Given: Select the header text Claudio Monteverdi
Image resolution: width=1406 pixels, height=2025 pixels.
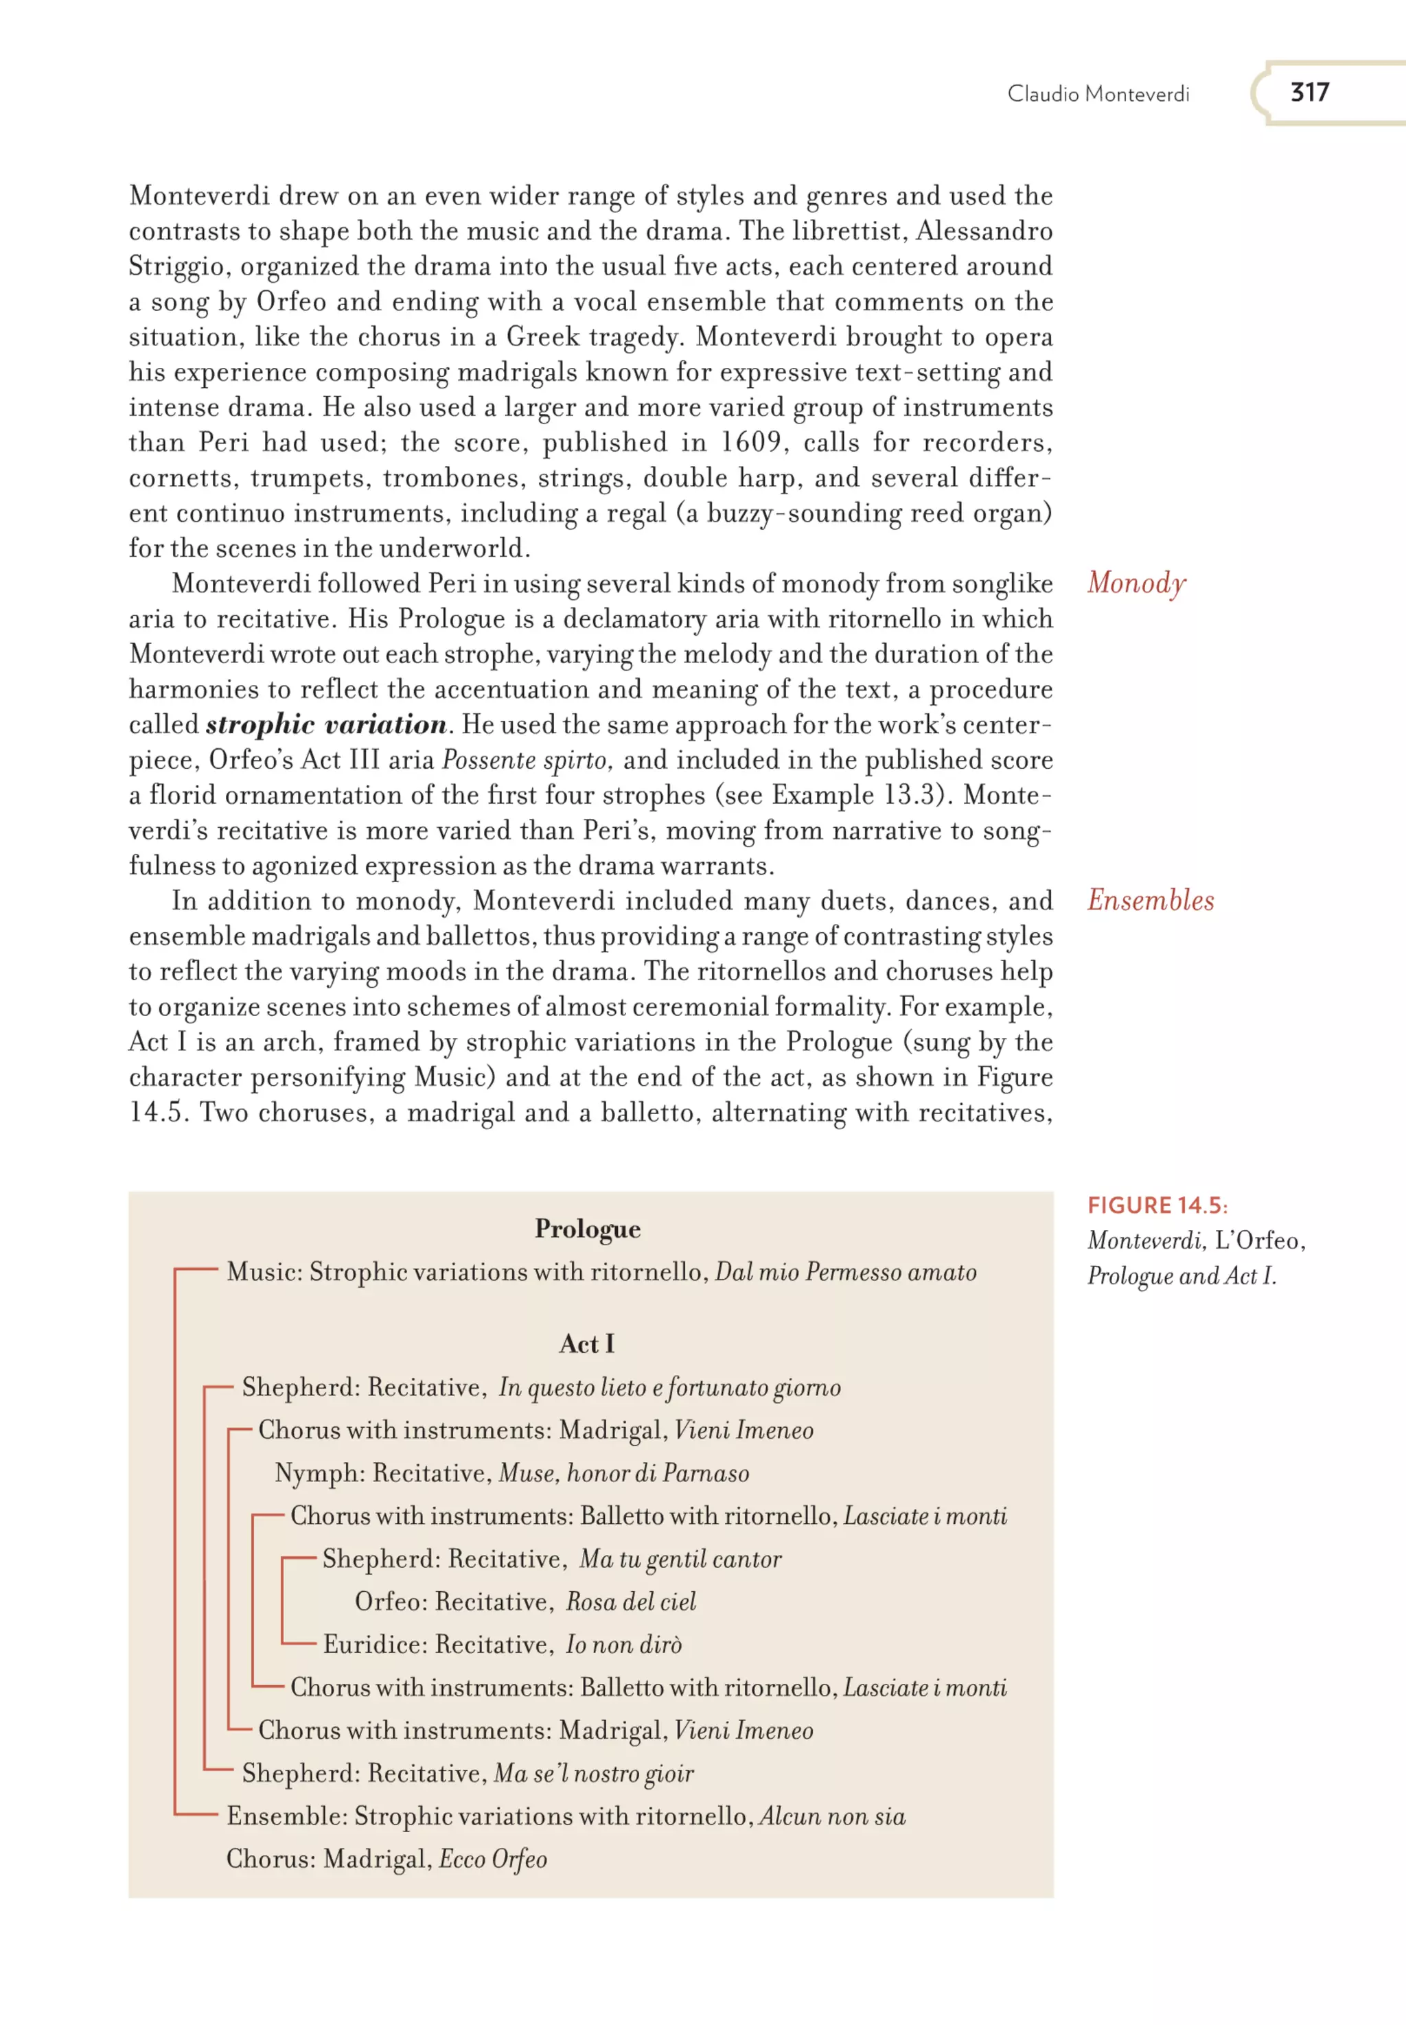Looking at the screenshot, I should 1098,94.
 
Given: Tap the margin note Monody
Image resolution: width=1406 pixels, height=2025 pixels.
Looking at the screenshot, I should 1136,583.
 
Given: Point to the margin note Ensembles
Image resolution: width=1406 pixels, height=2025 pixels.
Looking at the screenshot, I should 1150,900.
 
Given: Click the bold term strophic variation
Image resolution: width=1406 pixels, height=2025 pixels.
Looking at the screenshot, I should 326,725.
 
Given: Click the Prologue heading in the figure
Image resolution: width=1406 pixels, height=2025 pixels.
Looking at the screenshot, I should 588,1229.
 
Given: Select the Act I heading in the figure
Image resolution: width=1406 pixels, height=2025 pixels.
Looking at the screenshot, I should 587,1343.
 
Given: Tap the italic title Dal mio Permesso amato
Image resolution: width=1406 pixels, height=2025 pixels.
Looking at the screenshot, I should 846,1272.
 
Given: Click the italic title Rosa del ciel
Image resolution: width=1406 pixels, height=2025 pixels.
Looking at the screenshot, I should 631,1601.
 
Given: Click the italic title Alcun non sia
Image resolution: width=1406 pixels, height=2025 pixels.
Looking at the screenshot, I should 833,1816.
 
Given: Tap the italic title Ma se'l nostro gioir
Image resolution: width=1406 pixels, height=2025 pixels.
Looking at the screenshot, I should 594,1773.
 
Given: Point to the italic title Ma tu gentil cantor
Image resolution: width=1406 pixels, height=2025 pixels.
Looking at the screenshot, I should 680,1559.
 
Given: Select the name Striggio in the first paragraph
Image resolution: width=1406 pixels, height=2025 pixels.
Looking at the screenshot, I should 176,267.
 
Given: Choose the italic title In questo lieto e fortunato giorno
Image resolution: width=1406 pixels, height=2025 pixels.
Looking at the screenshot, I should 669,1387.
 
